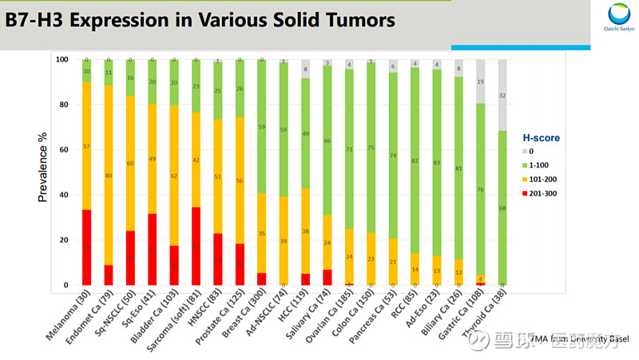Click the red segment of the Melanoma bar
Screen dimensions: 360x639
(x=86, y=247)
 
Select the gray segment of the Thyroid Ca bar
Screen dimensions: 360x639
(x=502, y=95)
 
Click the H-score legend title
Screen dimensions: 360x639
(x=545, y=137)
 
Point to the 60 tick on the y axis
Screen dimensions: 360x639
(x=63, y=149)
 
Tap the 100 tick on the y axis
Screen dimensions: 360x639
(x=62, y=59)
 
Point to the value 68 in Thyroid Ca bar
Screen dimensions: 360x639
(x=502, y=209)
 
